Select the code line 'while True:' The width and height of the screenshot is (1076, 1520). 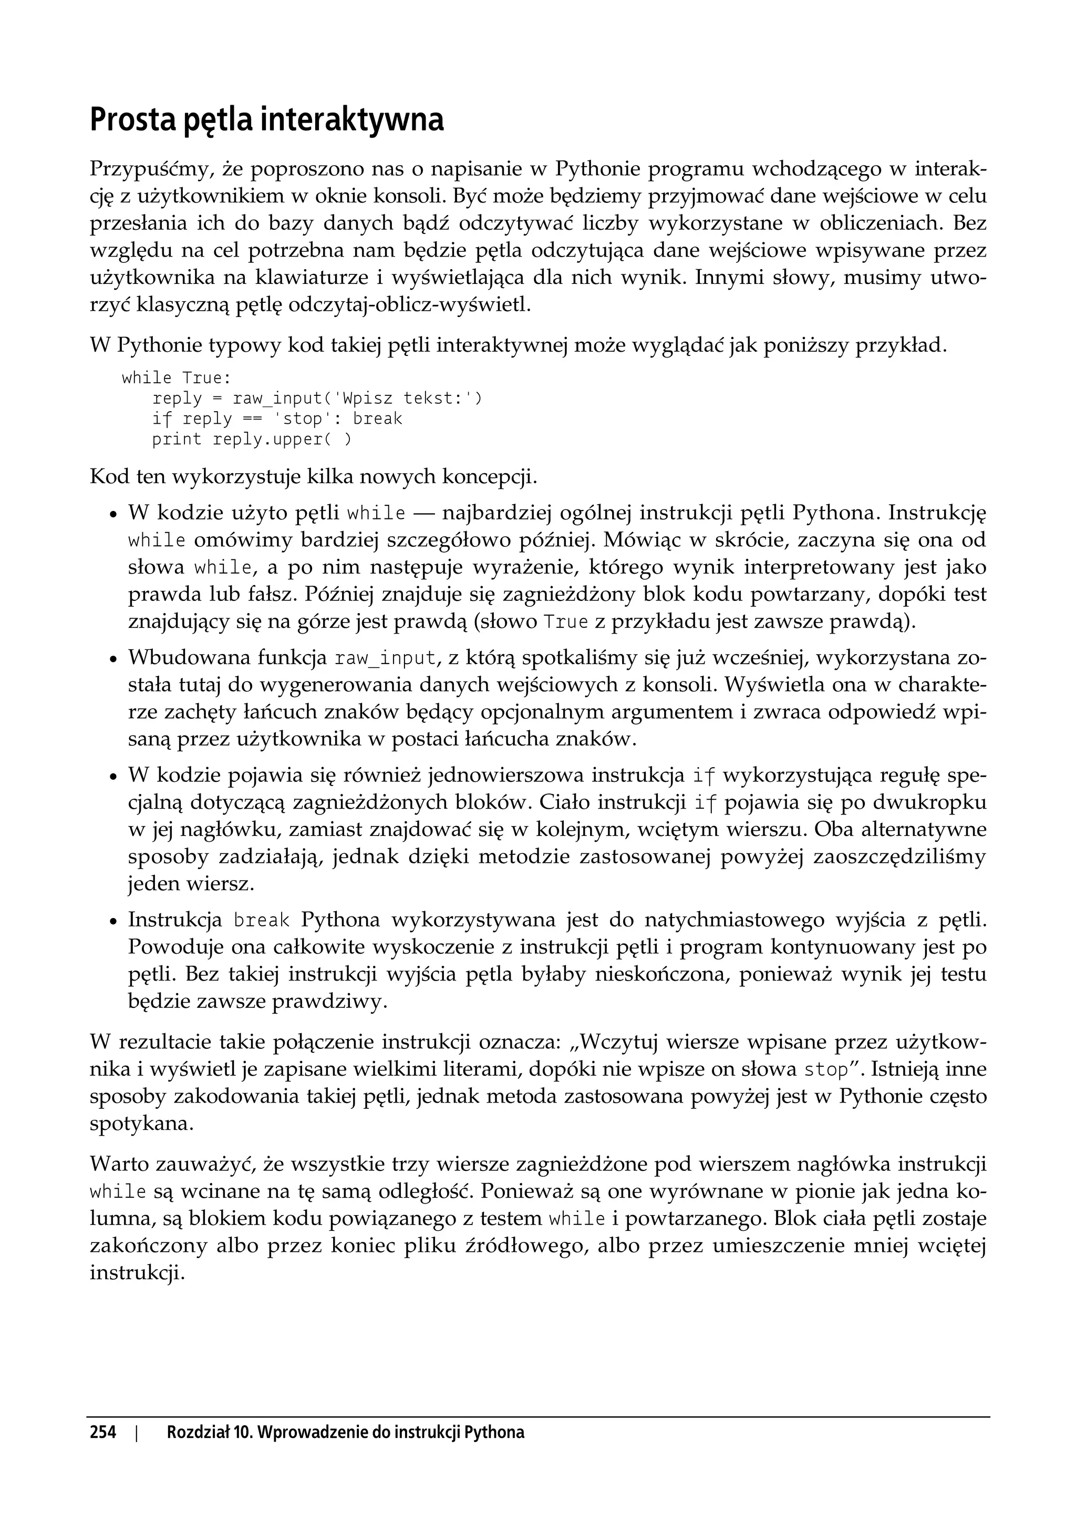[x=176, y=378]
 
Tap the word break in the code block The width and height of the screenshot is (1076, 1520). [x=377, y=419]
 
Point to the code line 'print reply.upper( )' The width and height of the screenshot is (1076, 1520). [x=252, y=440]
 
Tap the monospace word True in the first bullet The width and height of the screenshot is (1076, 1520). [x=566, y=623]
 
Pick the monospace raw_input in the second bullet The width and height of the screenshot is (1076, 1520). [x=386, y=659]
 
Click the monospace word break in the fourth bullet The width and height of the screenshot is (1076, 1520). [x=262, y=921]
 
